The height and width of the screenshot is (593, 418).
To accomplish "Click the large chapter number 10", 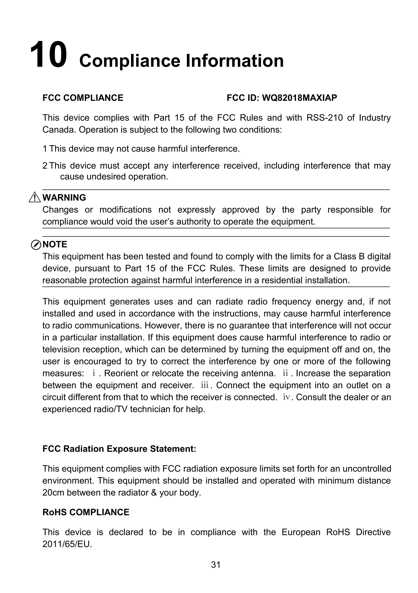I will [x=48, y=55].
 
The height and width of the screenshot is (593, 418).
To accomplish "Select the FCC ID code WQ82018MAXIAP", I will [x=299, y=98].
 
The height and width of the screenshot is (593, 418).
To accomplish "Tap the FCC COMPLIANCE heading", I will [x=83, y=98].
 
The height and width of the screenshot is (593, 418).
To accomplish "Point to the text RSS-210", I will [x=325, y=118].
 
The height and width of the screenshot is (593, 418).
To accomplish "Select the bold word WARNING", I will [x=64, y=198].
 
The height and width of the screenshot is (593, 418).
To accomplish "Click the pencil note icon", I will [x=36, y=245].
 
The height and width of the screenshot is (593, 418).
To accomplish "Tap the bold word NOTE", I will [x=55, y=244].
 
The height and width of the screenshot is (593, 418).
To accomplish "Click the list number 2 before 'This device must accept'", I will [x=45, y=165].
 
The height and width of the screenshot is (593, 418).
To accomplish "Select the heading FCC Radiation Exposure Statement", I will [x=119, y=449].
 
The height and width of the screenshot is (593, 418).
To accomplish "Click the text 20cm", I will [x=53, y=493].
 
